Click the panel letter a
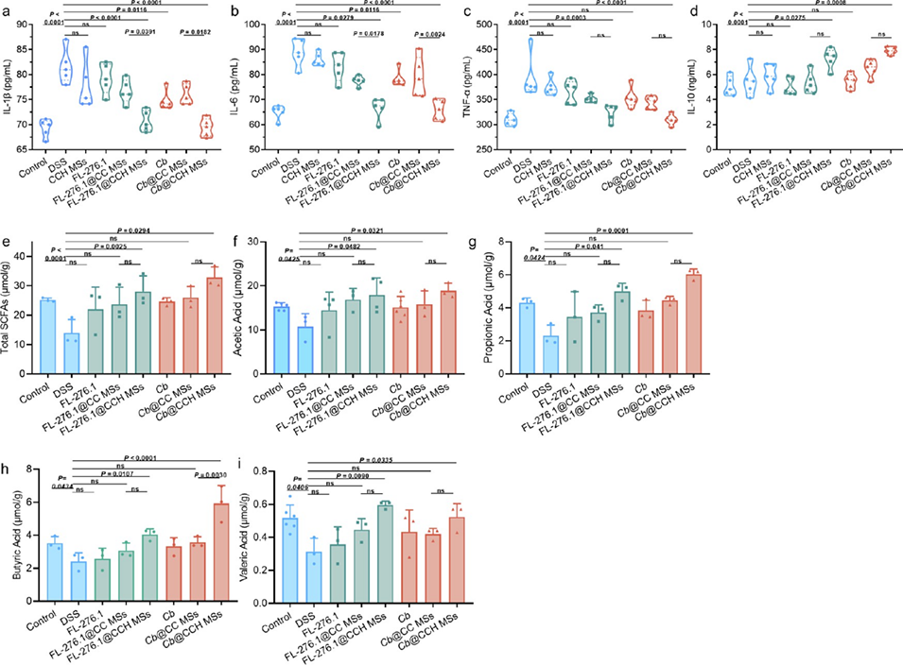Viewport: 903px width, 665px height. pyautogui.click(x=8, y=9)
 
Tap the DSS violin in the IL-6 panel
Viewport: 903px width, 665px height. pyautogui.click(x=299, y=55)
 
